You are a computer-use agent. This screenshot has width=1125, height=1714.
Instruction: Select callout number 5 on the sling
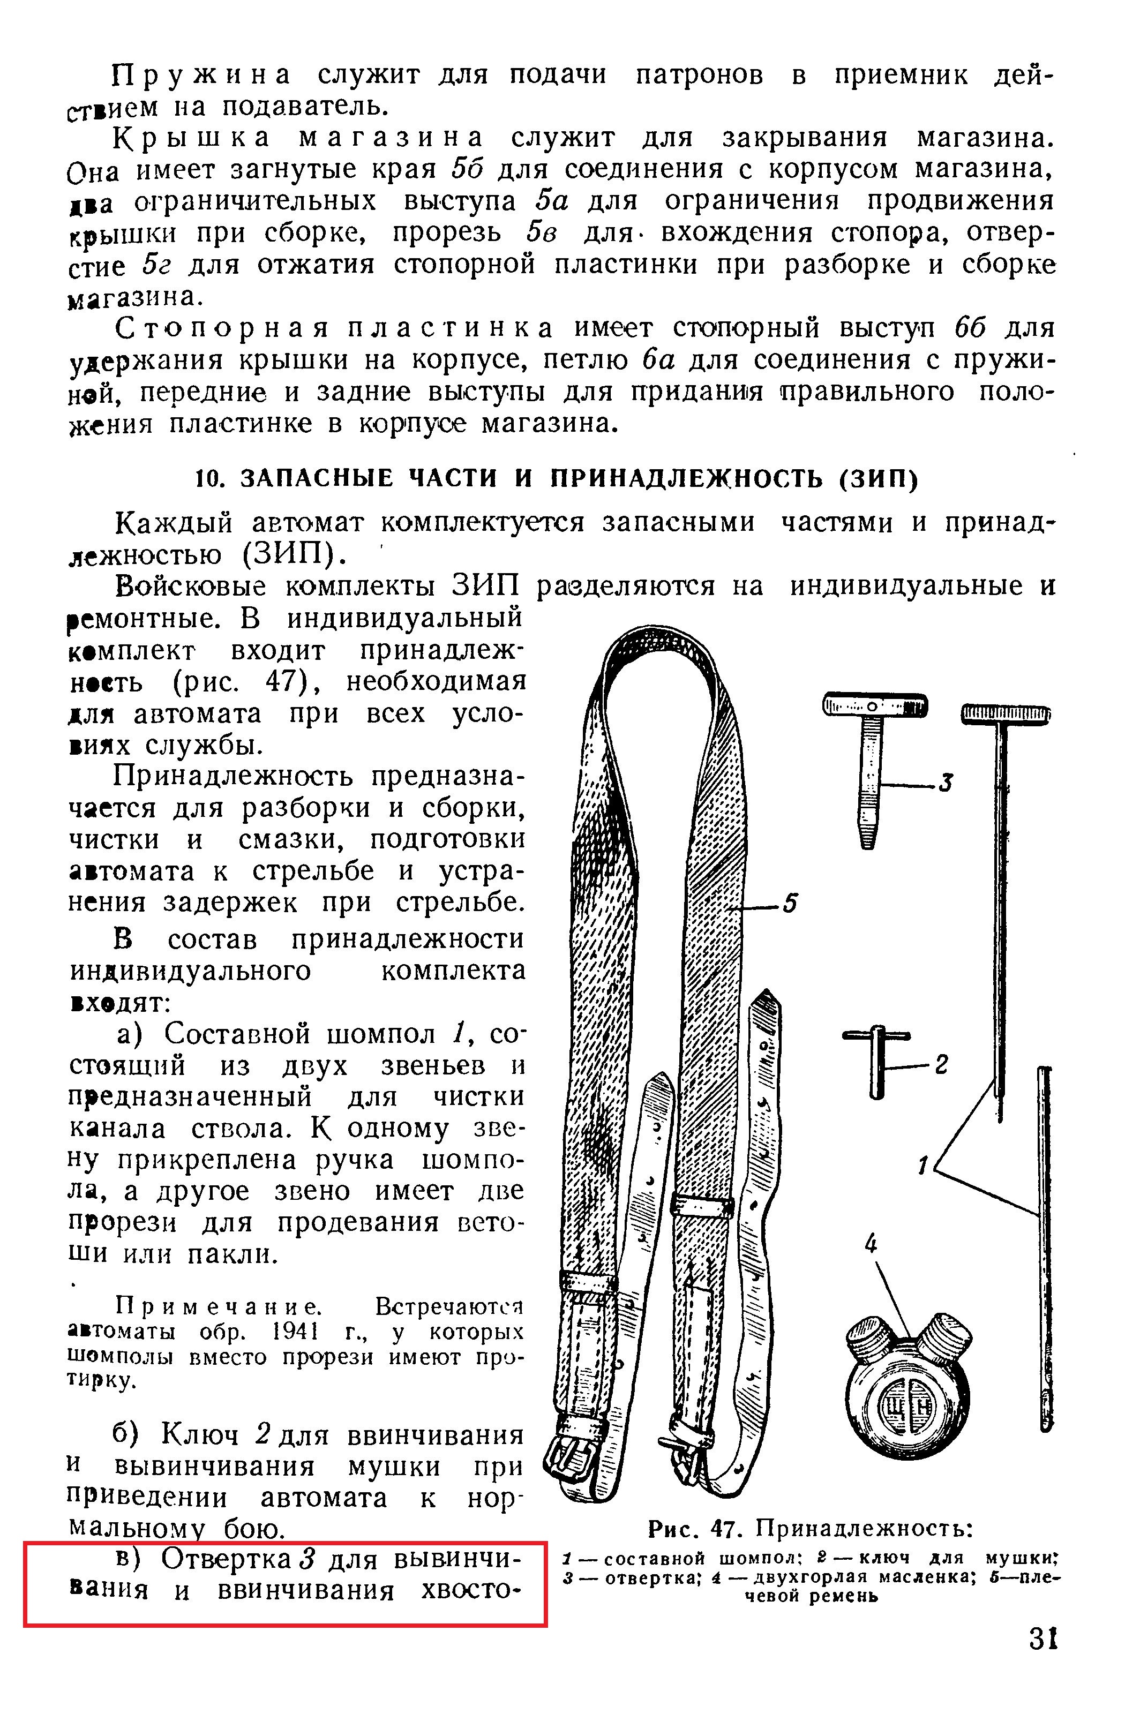[x=791, y=903]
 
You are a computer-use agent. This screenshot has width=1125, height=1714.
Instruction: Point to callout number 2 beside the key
[x=941, y=1064]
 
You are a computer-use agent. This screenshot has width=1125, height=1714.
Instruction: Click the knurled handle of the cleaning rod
[x=1006, y=713]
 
